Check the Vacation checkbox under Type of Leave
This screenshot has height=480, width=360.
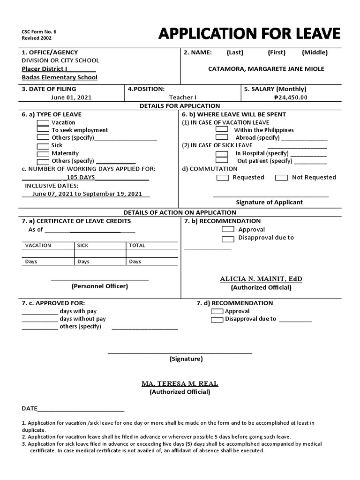tap(43, 122)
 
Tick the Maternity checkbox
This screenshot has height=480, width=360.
tap(43, 154)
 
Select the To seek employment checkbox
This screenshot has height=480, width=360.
tap(43, 130)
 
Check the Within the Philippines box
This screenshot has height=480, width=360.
tap(222, 129)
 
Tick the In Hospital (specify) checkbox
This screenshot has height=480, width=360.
tap(222, 153)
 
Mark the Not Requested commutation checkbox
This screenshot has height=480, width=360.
tap(281, 178)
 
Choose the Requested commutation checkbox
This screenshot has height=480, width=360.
tap(223, 178)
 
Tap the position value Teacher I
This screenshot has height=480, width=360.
tap(182, 97)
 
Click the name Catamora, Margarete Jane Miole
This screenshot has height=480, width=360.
tap(266, 69)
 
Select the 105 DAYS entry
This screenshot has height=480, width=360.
tap(81, 177)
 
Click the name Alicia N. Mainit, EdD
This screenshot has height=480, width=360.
tap(261, 279)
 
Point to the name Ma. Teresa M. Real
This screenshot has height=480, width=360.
tap(180, 383)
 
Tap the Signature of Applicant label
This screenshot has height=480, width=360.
tap(269, 202)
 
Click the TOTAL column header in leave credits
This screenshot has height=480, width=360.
tap(137, 246)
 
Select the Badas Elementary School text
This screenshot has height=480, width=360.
tap(60, 77)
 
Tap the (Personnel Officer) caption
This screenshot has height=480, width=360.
tap(99, 286)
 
